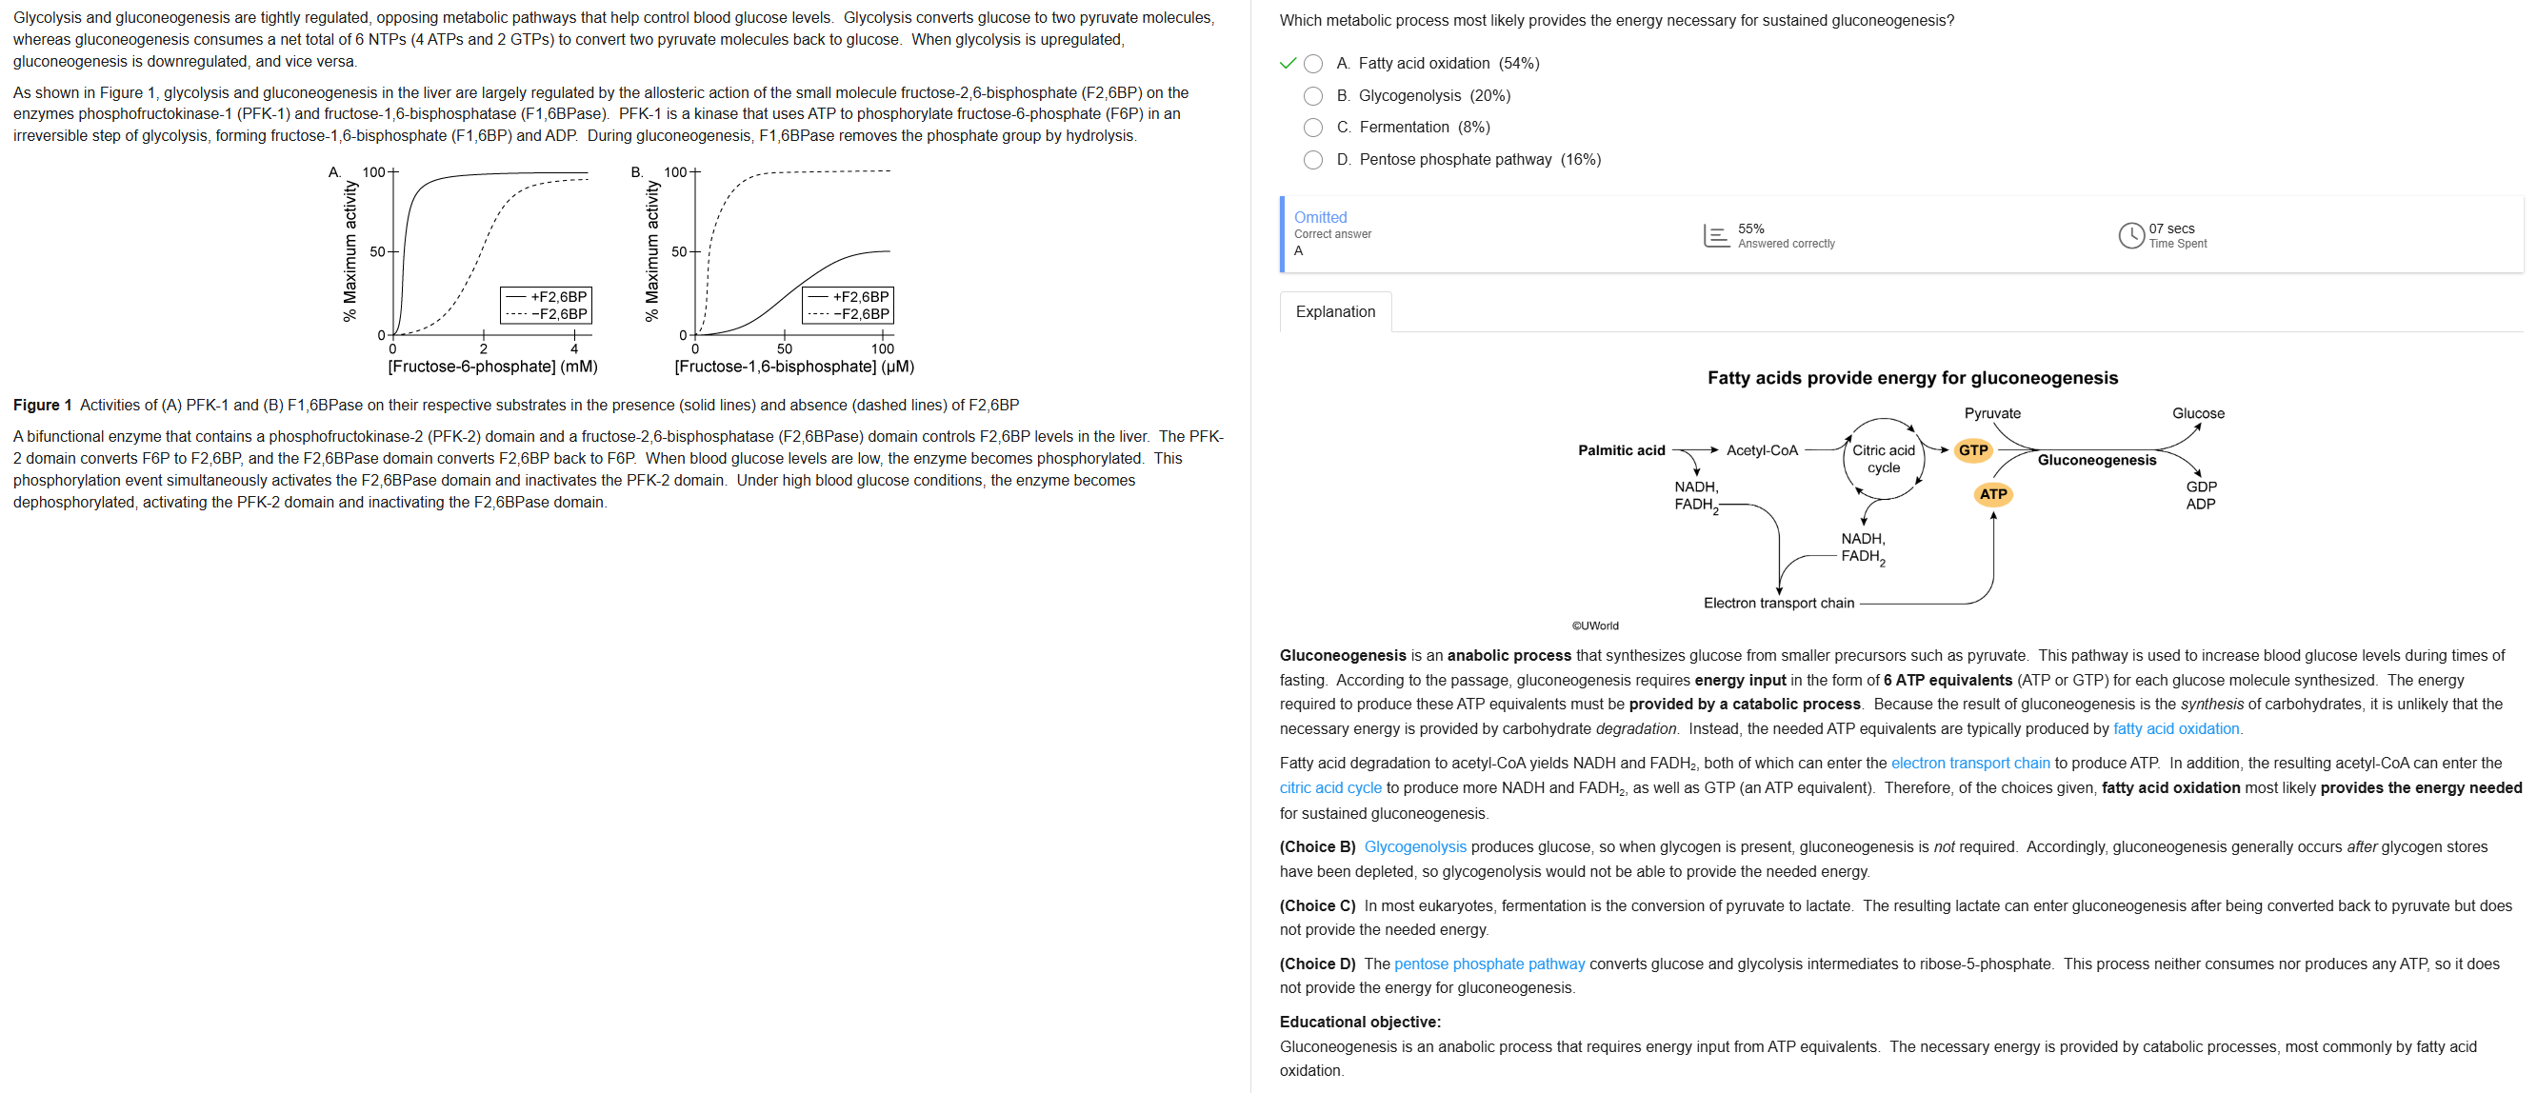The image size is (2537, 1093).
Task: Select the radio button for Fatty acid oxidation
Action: [1313, 64]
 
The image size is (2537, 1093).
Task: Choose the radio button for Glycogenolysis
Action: [1313, 95]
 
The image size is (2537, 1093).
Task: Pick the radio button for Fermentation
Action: [1313, 127]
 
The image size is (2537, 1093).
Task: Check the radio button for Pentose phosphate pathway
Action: [1313, 160]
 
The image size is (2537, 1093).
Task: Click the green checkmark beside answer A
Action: [1288, 64]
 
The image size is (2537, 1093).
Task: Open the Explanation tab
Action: [1334, 311]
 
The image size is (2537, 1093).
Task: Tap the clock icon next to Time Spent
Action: [2130, 235]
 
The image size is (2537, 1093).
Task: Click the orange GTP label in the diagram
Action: [1972, 450]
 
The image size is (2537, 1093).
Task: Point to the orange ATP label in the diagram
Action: [1992, 493]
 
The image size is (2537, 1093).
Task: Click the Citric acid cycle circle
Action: [1883, 459]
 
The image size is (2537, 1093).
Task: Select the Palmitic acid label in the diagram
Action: [1621, 450]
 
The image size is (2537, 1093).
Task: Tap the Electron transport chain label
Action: [1779, 603]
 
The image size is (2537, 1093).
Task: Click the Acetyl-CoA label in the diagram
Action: [1762, 450]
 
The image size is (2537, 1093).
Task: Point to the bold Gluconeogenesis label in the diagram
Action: [2096, 460]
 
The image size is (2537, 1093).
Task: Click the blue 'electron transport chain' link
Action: [1969, 764]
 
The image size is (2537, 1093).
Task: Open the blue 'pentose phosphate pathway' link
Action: [1489, 964]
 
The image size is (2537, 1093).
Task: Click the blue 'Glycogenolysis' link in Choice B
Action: [1414, 846]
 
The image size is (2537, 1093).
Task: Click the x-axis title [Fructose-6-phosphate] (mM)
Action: [492, 367]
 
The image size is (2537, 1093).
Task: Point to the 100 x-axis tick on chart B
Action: [883, 348]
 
